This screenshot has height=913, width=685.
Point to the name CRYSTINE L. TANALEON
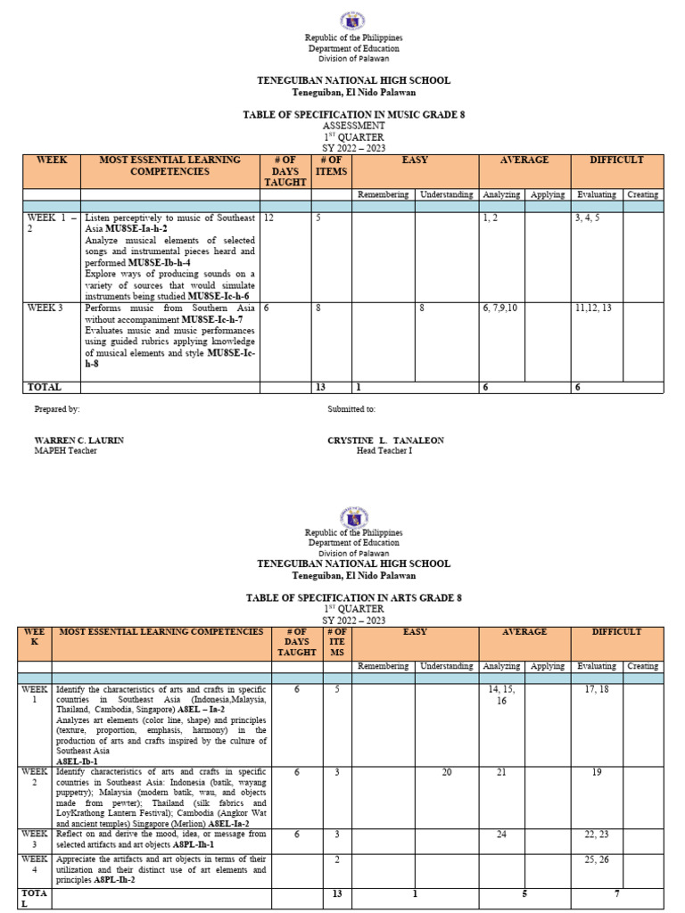tap(385, 440)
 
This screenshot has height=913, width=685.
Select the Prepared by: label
tap(57, 409)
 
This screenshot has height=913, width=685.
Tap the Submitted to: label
tap(351, 409)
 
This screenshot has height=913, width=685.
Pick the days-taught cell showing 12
tap(268, 218)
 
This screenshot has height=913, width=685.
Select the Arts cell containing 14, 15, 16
tap(502, 695)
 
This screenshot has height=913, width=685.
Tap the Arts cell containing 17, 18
tap(597, 689)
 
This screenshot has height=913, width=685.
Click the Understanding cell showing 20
tap(447, 772)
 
